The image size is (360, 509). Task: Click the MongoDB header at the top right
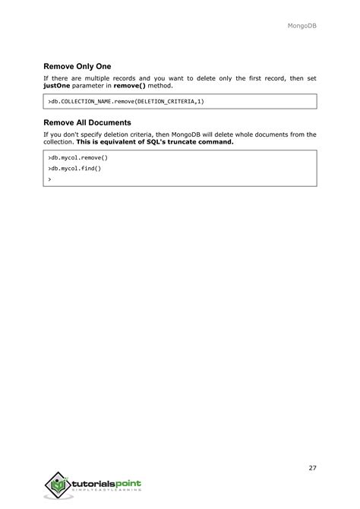302,26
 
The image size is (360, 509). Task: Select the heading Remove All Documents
87,122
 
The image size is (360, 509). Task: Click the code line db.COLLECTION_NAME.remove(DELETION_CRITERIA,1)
125,101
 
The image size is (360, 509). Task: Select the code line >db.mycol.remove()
78,157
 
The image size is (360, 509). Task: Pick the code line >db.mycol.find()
74,168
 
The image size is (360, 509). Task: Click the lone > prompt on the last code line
49,179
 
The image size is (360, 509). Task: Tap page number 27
312,468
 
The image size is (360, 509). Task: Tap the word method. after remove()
160,86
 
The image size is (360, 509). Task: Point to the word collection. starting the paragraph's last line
58,142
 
